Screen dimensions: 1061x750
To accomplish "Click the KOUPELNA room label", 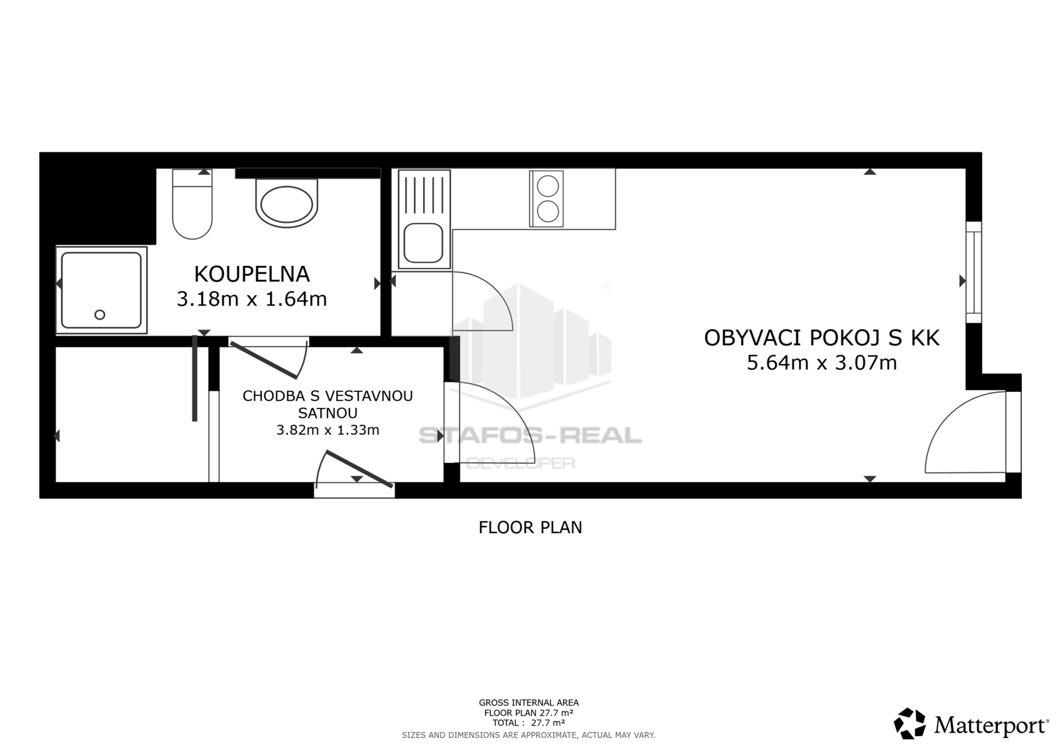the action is pos(251,275).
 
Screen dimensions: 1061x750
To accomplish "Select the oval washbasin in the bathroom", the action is pos(286,203).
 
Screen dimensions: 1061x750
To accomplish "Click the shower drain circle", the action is pos(99,314).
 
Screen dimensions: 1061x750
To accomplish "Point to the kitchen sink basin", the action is pos(423,243).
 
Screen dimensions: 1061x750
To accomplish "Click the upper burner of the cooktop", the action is pos(548,186).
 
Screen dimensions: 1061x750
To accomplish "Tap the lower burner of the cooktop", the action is pos(548,212).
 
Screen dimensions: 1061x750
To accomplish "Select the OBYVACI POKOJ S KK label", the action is pos(822,338).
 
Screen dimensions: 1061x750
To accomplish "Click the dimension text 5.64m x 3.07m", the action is pos(822,363).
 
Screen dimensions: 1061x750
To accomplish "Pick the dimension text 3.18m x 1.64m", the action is pos(251,299).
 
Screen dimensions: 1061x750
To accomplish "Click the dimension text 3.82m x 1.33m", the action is pos(328,430).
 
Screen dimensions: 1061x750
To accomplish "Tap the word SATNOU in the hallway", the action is pos(328,413).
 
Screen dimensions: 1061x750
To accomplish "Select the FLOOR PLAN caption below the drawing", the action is pos(530,527).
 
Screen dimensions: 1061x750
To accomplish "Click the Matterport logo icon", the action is pos(909,723).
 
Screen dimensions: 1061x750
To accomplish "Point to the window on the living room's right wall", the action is pos(973,273).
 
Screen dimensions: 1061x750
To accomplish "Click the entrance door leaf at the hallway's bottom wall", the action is pos(359,469).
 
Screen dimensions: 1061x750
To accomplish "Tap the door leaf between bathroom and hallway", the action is pos(264,360).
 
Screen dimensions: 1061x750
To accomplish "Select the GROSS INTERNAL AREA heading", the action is pos(529,703).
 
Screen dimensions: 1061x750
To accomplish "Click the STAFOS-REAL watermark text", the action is pos(530,435).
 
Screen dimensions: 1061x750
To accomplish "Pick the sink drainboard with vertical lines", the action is pos(424,194).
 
